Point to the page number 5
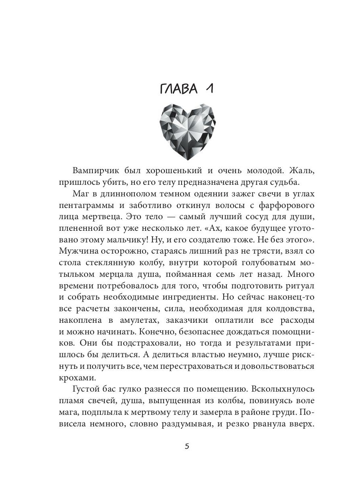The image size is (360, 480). pyautogui.click(x=187, y=447)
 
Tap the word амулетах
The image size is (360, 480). pyautogui.click(x=136, y=322)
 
